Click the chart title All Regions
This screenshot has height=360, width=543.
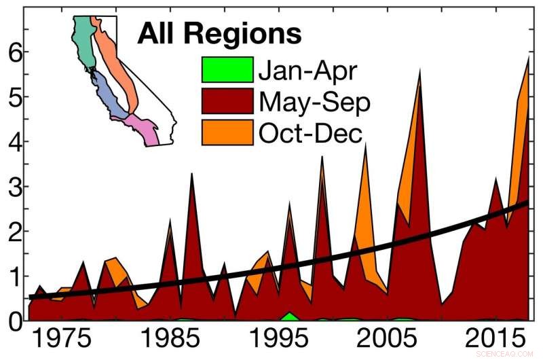pos(219,32)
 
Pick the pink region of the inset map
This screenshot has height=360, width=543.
pos(145,129)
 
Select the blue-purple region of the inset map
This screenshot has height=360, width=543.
pos(109,95)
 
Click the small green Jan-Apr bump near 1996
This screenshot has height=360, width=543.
pos(290,317)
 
